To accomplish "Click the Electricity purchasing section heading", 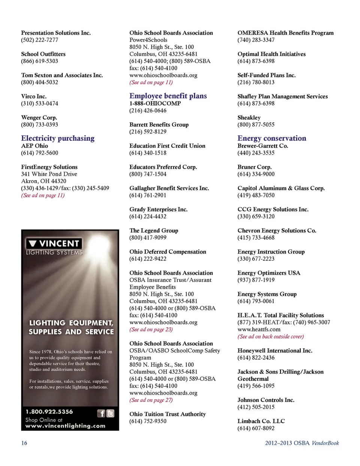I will point(58,138).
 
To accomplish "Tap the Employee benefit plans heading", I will point(168,96).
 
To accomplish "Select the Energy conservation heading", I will point(271,138).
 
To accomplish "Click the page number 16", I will point(24,443).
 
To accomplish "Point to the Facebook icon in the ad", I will point(101,413).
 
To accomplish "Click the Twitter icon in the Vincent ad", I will point(110,413).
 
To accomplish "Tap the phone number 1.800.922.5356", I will point(49,412).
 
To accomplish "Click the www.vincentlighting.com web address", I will point(65,426).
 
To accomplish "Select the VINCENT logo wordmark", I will point(58,244).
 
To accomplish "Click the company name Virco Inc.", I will point(34,96).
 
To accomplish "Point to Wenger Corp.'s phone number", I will point(39,125).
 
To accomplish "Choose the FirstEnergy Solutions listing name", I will point(49,167).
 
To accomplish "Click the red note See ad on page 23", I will point(151,329).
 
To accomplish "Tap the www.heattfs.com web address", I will point(259,329).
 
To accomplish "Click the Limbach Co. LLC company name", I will point(261,421).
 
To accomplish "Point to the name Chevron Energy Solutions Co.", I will point(277,230).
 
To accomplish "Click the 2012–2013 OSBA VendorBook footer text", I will point(302,443).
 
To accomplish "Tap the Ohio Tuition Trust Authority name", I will point(167,414).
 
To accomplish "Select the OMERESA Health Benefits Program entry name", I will point(285,33).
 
